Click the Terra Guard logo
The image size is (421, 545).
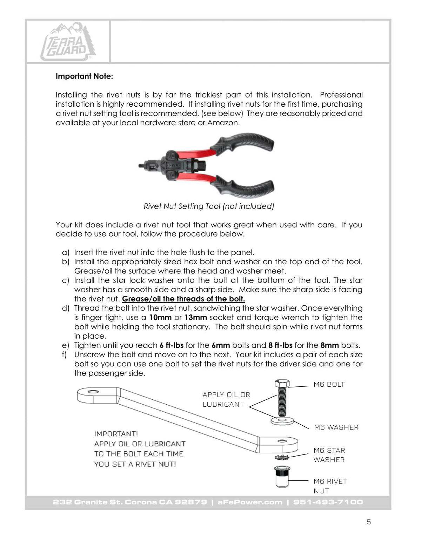coord(68,42)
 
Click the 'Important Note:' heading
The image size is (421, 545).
coord(84,76)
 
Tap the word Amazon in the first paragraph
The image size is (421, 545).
coord(222,122)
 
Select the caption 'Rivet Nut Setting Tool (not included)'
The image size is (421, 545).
coord(209,206)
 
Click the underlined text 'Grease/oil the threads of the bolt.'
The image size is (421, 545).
coord(183,299)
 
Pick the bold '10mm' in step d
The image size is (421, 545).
coord(160,318)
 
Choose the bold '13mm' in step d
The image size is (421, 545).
coord(196,318)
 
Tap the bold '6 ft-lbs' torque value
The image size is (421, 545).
coord(172,345)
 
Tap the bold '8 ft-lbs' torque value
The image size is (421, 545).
coord(280,345)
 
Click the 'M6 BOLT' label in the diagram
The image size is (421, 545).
coord(329,385)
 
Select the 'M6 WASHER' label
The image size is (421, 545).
coord(336,427)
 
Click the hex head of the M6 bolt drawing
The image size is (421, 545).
coord(282,384)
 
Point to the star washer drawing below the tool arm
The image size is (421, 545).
coord(282,458)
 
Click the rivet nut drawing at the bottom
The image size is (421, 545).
coord(281,477)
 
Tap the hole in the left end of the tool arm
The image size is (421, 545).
coord(93,392)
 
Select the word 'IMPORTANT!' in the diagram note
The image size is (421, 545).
coord(116,434)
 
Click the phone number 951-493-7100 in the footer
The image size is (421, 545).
coord(328,502)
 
